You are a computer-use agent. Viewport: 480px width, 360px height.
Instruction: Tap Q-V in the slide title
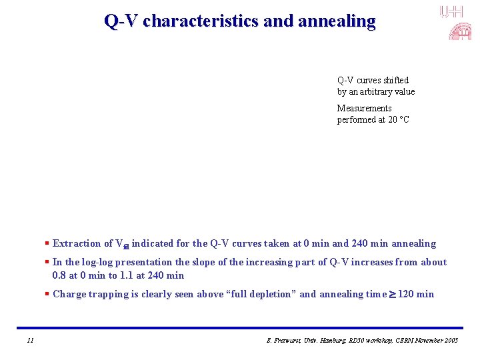pyautogui.click(x=121, y=21)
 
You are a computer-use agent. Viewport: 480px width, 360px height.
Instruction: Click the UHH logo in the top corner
pyautogui.click(x=451, y=11)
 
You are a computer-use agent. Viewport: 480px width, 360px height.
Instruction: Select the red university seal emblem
pyautogui.click(x=459, y=31)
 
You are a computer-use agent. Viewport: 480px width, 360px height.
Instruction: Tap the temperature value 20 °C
pyautogui.click(x=398, y=120)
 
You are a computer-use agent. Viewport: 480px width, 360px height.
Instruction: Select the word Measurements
pyautogui.click(x=364, y=109)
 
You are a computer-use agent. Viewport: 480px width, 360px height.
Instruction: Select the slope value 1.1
pyautogui.click(x=126, y=276)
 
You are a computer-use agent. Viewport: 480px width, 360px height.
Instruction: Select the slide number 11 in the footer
pyautogui.click(x=30, y=341)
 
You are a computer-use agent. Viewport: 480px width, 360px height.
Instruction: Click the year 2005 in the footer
pyautogui.click(x=450, y=341)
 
